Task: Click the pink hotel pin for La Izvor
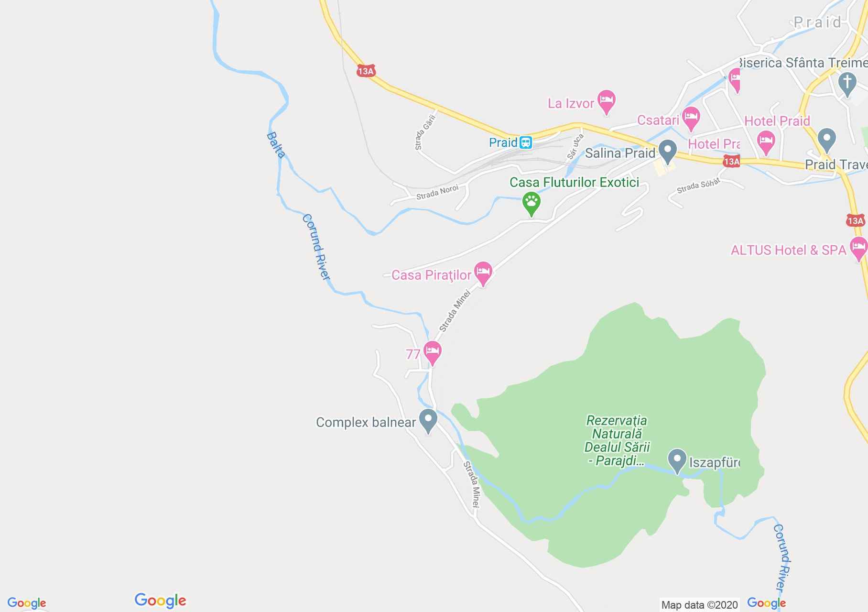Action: (x=607, y=101)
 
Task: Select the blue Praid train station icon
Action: (x=526, y=142)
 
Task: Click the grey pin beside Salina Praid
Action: (x=667, y=151)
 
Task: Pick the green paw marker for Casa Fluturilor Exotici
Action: (x=531, y=203)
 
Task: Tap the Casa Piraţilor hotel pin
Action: (x=483, y=273)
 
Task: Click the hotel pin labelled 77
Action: (x=433, y=352)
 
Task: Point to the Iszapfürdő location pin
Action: (x=677, y=460)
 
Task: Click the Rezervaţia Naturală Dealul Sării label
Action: (x=617, y=440)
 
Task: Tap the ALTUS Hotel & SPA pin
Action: (x=858, y=248)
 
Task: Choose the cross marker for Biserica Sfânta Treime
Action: (x=847, y=83)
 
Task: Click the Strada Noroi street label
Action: (x=437, y=192)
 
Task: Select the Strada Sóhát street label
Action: (x=698, y=186)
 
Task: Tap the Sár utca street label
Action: (x=575, y=146)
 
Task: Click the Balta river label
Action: (x=276, y=145)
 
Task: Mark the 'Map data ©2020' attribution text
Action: (x=699, y=605)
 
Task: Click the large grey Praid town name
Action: (x=817, y=22)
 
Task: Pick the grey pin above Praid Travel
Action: (x=826, y=139)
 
